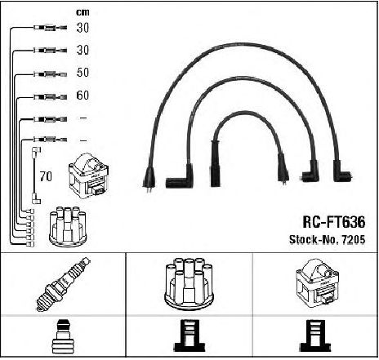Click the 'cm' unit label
tap(82, 12)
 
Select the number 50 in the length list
tap(82, 73)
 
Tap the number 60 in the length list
tap(82, 95)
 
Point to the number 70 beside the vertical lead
tap(46, 176)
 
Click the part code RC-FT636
tap(334, 222)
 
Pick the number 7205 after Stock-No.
tap(353, 239)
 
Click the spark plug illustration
tap(63, 284)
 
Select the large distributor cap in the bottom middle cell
tap(189, 283)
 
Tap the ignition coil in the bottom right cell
tap(317, 283)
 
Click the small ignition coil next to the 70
tap(89, 176)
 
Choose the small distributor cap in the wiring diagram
tap(68, 227)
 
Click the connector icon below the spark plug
tap(63, 336)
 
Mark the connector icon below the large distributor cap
tap(189, 336)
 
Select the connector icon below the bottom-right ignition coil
tap(315, 336)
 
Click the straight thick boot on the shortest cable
tap(215, 163)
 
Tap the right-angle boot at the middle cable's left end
tap(181, 176)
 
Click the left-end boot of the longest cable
tap(149, 176)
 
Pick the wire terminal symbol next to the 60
tap(50, 96)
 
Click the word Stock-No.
tap(314, 239)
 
